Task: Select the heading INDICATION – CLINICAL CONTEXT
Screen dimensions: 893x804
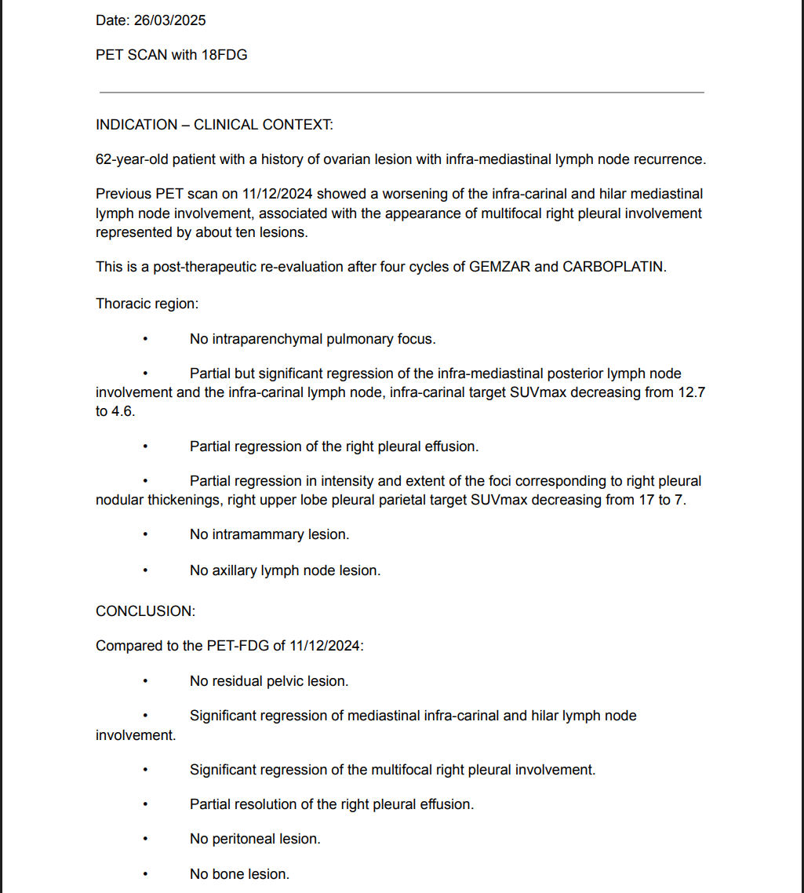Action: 214,125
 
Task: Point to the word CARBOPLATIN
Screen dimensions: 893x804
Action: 613,267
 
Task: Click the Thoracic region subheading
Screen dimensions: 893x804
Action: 147,304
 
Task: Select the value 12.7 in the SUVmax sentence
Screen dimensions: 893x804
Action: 691,392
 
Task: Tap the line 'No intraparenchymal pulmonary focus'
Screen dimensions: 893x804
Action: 312,339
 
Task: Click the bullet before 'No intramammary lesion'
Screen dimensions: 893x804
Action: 145,535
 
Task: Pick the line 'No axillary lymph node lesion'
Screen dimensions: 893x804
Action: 285,570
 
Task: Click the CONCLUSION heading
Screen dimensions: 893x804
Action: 145,611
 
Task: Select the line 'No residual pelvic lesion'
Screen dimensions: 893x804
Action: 269,681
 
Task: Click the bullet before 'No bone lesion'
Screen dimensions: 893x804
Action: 145,874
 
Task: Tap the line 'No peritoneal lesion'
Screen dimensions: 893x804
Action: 255,839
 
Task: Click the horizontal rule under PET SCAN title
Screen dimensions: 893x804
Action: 401,93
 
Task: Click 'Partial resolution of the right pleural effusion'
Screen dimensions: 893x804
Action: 332,804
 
